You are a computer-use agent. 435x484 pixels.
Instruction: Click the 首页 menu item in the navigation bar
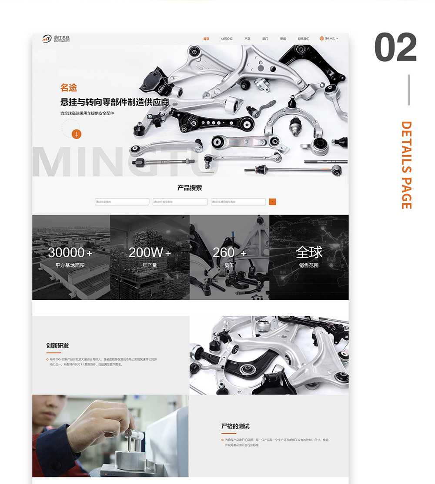pyautogui.click(x=206, y=39)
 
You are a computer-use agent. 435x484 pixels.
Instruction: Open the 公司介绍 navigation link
pyautogui.click(x=227, y=39)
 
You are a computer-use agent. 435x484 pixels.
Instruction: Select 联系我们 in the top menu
pyautogui.click(x=304, y=39)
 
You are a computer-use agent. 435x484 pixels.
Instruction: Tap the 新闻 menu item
pyautogui.click(x=283, y=39)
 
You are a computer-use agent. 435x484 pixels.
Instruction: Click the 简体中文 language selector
pyautogui.click(x=329, y=39)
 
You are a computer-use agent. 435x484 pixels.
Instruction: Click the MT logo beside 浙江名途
pyautogui.click(x=47, y=39)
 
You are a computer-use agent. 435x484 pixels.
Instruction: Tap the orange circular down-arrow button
pyautogui.click(x=77, y=134)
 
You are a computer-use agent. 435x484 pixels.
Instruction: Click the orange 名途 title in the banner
pyautogui.click(x=69, y=88)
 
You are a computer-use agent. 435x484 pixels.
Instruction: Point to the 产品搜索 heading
pyautogui.click(x=190, y=188)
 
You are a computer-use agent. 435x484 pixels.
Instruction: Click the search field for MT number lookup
pyautogui.click(x=180, y=202)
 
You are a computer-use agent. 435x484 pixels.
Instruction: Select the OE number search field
pyautogui.click(x=238, y=202)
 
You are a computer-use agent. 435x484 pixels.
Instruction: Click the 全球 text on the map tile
pyautogui.click(x=309, y=252)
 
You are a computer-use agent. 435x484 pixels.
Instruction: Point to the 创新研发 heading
pyautogui.click(x=57, y=346)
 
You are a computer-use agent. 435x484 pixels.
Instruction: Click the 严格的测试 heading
pyautogui.click(x=235, y=426)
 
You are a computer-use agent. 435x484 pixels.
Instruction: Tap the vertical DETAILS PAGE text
pyautogui.click(x=406, y=165)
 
